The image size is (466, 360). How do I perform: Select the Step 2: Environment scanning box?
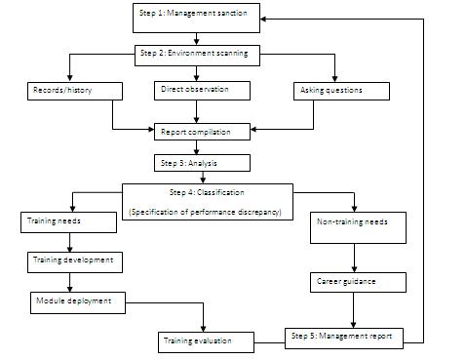197,54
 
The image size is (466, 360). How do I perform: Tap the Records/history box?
73,91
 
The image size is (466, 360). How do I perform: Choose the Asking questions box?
341,91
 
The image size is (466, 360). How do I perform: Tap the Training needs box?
68,221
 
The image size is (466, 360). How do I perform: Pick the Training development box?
74,260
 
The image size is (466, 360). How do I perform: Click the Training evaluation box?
207,342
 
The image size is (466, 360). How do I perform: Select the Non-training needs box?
353,222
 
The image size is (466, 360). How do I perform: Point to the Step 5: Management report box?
342,337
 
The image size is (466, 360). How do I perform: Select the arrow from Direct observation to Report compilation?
199,111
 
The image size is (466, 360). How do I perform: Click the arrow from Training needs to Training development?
68,241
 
